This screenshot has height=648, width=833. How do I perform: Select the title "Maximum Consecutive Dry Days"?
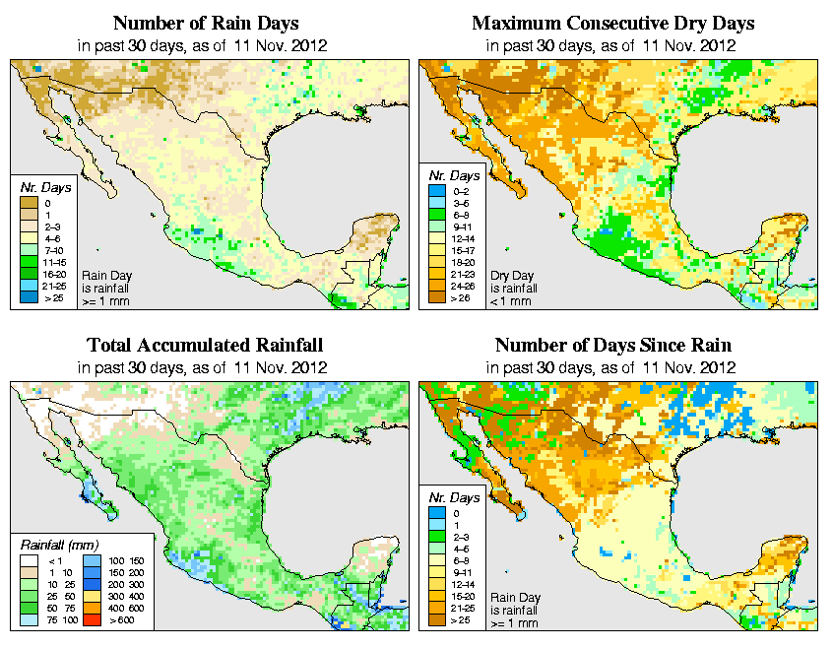pos(613,23)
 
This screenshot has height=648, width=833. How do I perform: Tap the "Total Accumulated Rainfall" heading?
pos(204,346)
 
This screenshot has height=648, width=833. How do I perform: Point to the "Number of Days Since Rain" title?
pos(613,346)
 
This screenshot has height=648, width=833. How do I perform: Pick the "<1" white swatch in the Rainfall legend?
pos(30,560)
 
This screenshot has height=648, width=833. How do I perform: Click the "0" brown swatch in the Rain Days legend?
pos(30,203)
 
